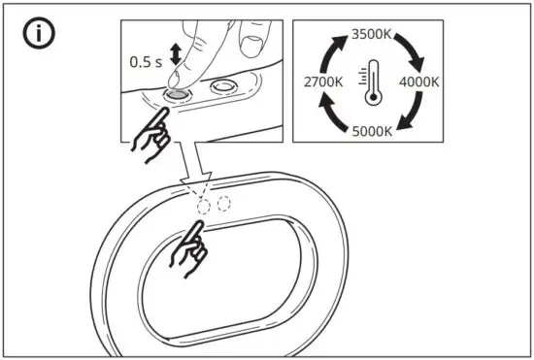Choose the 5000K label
tap(374, 130)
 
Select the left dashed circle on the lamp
tap(204, 206)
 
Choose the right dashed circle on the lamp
tap(224, 204)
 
